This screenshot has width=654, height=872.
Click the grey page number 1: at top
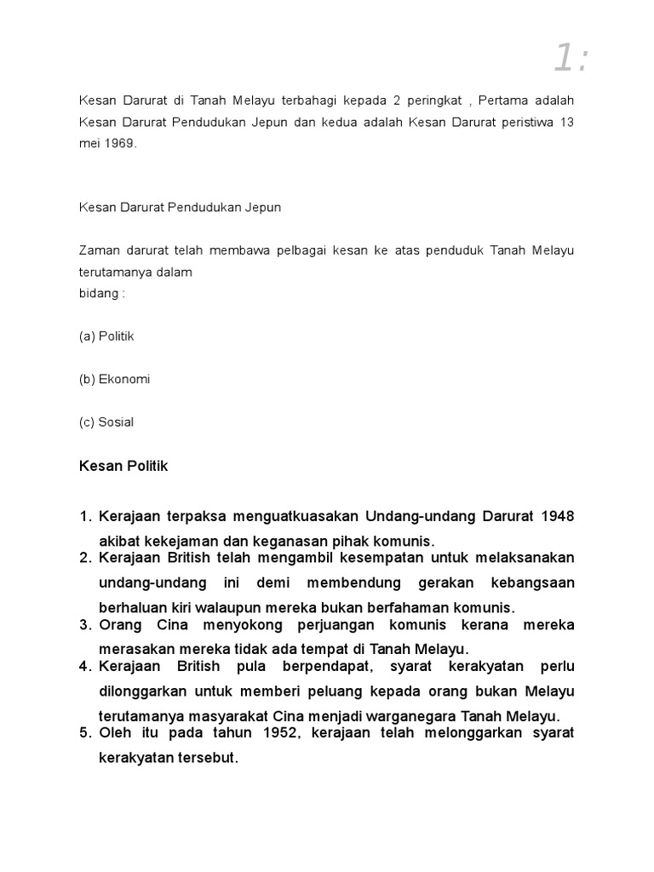[x=571, y=58]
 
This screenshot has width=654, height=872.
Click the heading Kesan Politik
[x=123, y=467]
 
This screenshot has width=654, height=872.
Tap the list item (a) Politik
[x=106, y=336]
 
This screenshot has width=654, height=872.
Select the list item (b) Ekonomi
[x=114, y=379]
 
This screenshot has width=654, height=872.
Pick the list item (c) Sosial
[x=106, y=422]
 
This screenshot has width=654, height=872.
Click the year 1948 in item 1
[x=557, y=517]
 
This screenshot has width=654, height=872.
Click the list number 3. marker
[x=85, y=625]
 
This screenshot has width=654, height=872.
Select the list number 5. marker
[x=85, y=733]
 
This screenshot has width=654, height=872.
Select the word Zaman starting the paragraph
[x=97, y=250]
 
